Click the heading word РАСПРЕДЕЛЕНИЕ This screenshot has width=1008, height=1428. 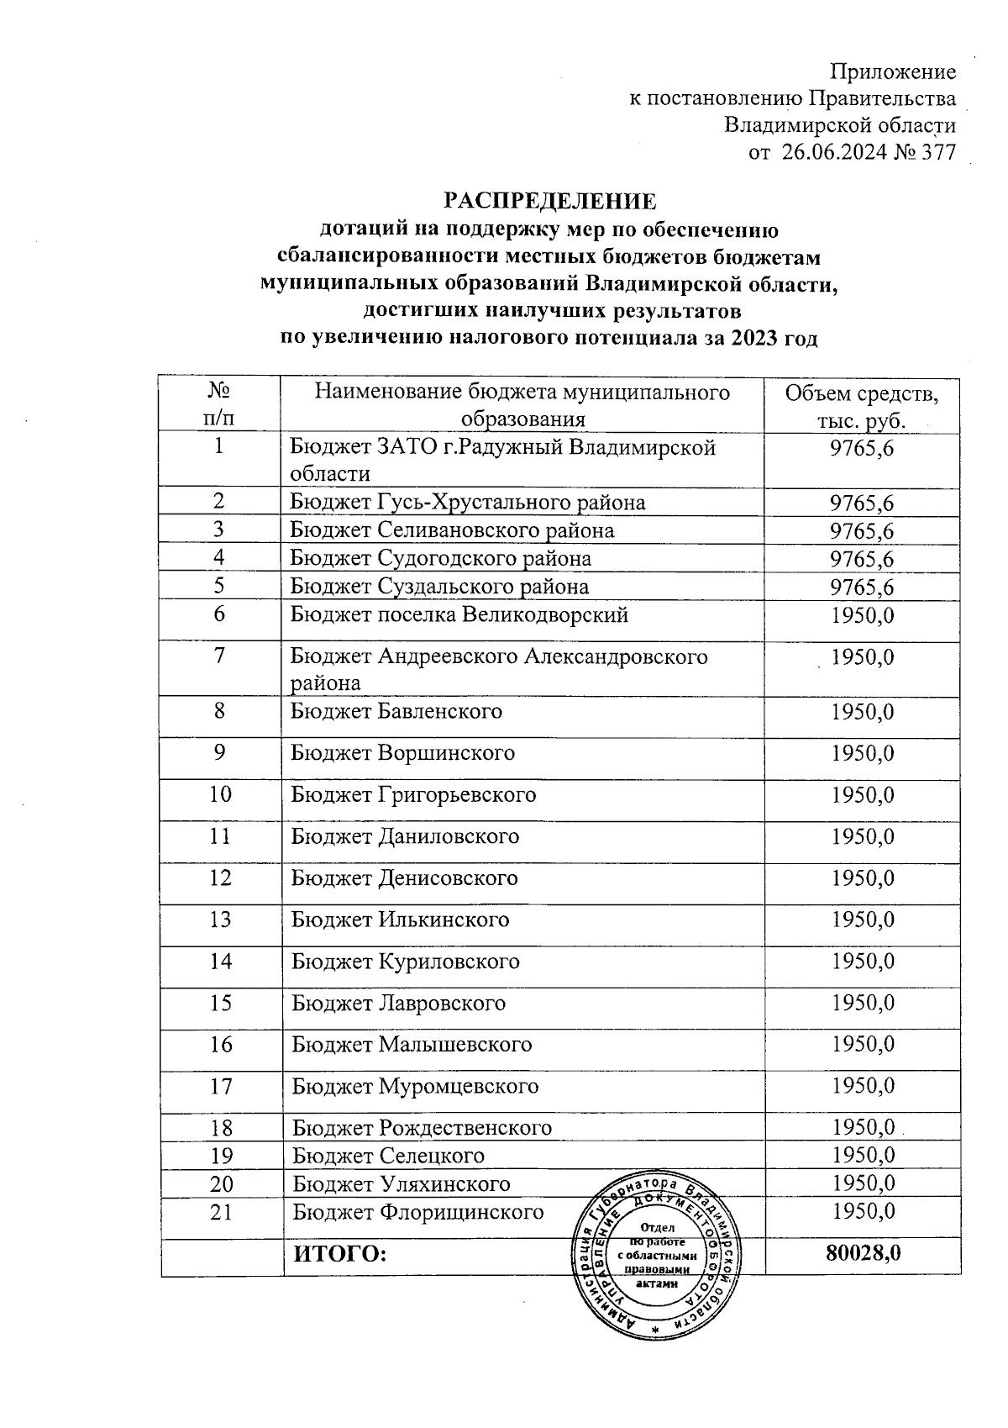pyautogui.click(x=549, y=202)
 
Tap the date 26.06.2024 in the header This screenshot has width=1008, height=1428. pyautogui.click(x=835, y=153)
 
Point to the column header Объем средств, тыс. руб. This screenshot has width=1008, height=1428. pyautogui.click(x=861, y=406)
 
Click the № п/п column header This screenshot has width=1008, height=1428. pyautogui.click(x=219, y=404)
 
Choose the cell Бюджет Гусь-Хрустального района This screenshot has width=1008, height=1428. pyautogui.click(x=468, y=503)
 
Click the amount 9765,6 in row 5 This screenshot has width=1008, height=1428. pyautogui.click(x=861, y=587)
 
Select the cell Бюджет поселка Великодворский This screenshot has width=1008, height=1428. pyautogui.click(x=459, y=614)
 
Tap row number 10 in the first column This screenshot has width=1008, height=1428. pyautogui.click(x=220, y=793)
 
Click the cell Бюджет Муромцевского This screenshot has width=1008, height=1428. pyautogui.click(x=415, y=1086)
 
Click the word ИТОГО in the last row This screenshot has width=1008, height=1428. pyautogui.click(x=339, y=1255)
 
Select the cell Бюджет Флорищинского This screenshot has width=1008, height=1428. pyautogui.click(x=417, y=1212)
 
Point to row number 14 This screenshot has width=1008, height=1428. pyautogui.click(x=220, y=961)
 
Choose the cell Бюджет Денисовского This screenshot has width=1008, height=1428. pyautogui.click(x=405, y=878)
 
